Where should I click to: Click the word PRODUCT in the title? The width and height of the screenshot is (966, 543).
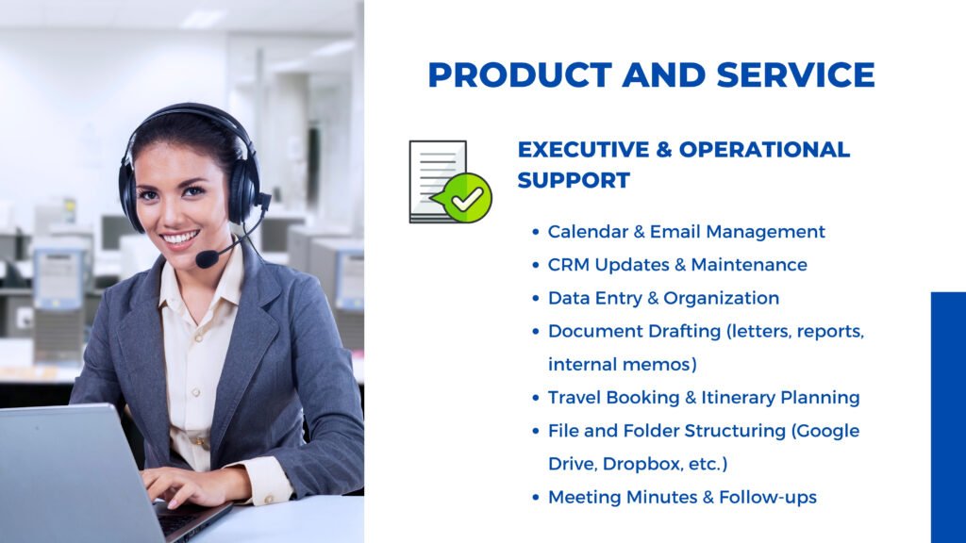click(520, 75)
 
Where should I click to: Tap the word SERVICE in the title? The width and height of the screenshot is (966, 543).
click(795, 75)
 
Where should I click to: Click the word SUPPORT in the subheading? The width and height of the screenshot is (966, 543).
click(574, 180)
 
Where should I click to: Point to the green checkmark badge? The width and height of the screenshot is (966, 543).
click(468, 198)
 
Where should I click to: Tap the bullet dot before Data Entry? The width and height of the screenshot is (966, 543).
click(536, 299)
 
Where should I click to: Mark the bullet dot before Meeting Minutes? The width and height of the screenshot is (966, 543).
click(536, 498)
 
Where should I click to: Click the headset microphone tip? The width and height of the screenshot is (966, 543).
click(207, 258)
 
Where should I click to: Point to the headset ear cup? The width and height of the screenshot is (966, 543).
click(244, 192)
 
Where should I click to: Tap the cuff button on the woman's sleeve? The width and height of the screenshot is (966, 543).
click(268, 498)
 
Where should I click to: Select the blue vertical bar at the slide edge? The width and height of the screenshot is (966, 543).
click(948, 418)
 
